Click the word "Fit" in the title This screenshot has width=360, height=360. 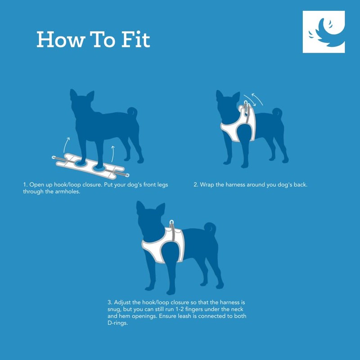click(133, 40)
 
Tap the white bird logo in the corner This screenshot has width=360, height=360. click(324, 32)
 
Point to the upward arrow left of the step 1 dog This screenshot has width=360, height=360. click(66, 144)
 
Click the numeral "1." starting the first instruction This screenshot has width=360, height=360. click(25, 185)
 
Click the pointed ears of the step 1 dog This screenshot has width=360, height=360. click(82, 95)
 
